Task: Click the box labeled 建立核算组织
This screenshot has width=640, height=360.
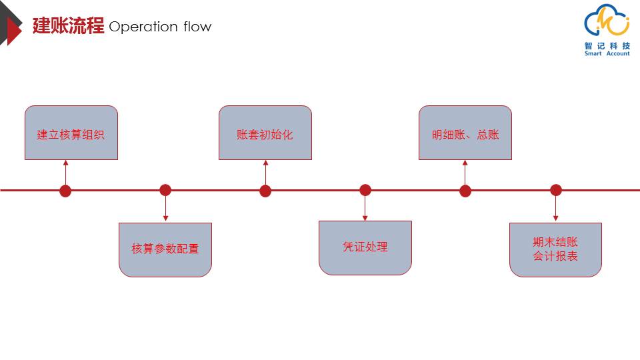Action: [x=71, y=133]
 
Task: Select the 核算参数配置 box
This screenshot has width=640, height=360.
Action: [x=165, y=250]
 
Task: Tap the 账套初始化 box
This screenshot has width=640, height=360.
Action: [x=265, y=133]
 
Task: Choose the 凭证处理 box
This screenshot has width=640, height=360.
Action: [x=365, y=248]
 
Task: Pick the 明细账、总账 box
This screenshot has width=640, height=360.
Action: [x=465, y=133]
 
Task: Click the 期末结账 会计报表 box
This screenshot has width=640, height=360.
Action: [x=555, y=250]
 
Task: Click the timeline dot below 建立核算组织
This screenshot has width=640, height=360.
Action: [x=65, y=191]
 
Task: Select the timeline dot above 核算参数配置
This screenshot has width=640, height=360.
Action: [x=165, y=190]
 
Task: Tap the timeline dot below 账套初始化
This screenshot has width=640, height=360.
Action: [x=265, y=191]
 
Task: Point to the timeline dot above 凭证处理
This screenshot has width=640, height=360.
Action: [x=365, y=190]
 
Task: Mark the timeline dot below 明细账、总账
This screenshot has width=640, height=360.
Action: [x=465, y=191]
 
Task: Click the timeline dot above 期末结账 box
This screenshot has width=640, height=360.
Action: [x=556, y=190]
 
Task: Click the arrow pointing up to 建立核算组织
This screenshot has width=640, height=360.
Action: [x=66, y=173]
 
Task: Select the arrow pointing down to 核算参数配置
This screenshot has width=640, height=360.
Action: [x=165, y=209]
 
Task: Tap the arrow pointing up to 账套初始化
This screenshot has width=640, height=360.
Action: [x=266, y=173]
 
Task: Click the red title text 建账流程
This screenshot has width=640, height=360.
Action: [x=68, y=26]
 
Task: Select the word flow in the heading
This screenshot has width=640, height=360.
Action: [x=197, y=27]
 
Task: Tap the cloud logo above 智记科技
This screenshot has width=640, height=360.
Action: [x=607, y=21]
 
